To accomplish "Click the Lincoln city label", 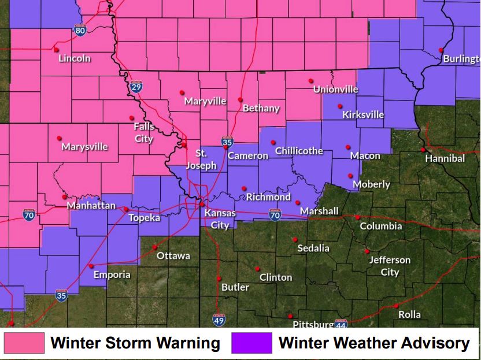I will tap(75, 58).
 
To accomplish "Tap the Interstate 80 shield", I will tap(80, 29).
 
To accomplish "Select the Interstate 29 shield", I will tap(135, 87).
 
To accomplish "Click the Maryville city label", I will tap(205, 101).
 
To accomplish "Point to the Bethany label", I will tap(261, 108).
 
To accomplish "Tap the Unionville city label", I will tap(336, 89).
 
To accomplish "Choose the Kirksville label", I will tap(363, 114).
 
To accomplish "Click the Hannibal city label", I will tap(445, 158).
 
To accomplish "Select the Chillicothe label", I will tap(299, 151).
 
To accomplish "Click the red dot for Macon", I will tap(348, 147).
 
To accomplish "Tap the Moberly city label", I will tap(371, 184).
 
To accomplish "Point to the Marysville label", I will tap(84, 146).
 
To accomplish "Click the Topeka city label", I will tap(144, 217).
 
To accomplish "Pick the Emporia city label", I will tap(112, 274).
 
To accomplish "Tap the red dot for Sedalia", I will tap(295, 239).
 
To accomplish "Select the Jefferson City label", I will tap(390, 266).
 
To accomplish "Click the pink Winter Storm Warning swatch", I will tap(24, 343).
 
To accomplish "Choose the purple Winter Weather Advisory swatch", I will tap(251, 343).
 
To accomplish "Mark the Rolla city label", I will tap(409, 315).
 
